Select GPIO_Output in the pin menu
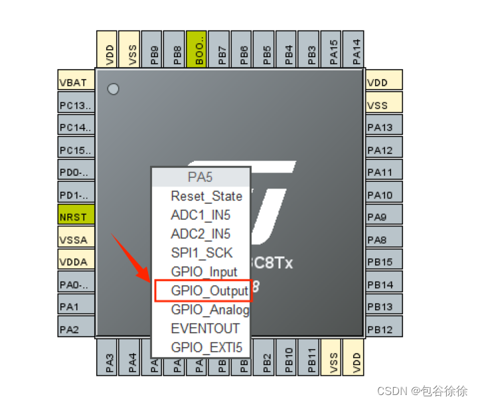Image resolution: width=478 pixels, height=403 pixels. point(202,291)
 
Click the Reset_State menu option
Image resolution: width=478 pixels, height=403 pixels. point(206,196)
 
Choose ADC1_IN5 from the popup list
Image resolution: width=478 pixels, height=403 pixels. point(200,215)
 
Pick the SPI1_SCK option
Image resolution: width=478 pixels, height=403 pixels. point(202,253)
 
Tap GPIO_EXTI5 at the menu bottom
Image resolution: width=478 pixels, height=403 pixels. point(206,347)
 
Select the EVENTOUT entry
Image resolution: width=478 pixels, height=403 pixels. point(205,328)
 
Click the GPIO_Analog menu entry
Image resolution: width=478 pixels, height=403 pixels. point(210,309)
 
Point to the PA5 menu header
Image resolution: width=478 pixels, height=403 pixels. point(200,177)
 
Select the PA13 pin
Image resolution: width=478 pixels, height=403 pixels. point(384,127)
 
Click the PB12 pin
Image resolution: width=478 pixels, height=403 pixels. point(384,329)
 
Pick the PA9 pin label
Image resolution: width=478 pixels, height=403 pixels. point(384,217)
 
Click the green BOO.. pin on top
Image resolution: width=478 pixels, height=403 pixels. point(198,48)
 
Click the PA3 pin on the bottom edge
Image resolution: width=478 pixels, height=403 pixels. point(110,359)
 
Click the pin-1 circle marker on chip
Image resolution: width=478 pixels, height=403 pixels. point(113,88)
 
